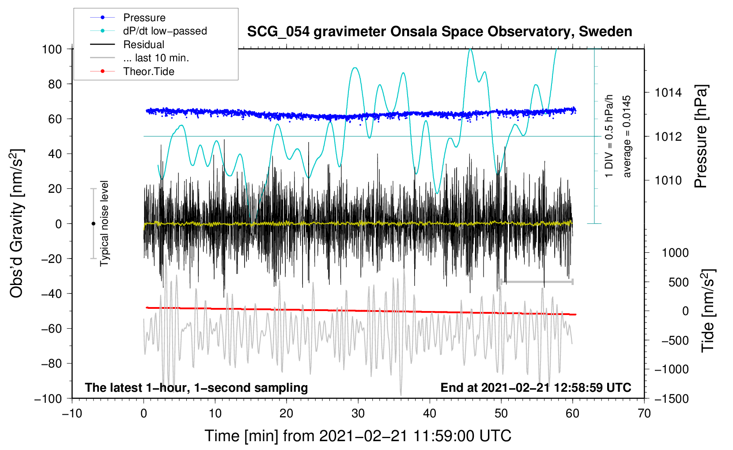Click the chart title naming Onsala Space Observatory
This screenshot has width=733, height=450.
[439, 32]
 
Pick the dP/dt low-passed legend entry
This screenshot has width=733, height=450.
[165, 31]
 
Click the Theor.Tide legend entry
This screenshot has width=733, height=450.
[148, 71]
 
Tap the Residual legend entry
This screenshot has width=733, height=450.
[144, 45]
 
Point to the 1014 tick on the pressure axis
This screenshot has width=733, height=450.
[668, 93]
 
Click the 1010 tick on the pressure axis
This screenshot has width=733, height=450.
[668, 180]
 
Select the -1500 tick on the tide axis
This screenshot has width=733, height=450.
[672, 398]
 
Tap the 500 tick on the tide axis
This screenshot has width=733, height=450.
[679, 282]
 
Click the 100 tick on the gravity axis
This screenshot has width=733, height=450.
[52, 49]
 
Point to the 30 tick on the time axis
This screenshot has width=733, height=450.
[358, 413]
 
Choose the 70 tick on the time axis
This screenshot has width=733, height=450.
[644, 413]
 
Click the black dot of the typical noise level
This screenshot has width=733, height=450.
[93, 224]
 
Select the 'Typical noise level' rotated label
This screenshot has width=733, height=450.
[104, 223]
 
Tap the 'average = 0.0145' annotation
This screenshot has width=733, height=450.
[627, 137]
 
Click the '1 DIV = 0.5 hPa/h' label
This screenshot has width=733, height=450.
[609, 136]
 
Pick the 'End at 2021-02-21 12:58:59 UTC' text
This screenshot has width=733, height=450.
[536, 387]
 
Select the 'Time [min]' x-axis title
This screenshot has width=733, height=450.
[358, 436]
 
